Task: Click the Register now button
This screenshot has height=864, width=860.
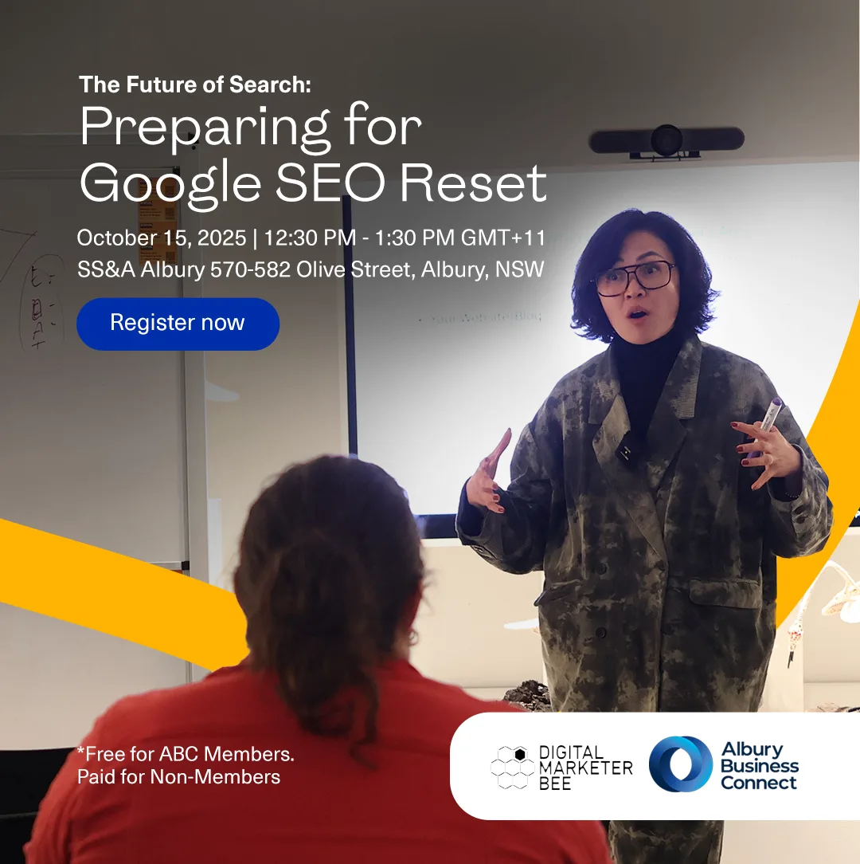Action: pos(178,324)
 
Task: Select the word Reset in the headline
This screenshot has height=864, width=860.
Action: pos(473,183)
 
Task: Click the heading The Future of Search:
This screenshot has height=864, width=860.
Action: pos(195,84)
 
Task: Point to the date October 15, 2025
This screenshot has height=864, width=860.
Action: pos(162,238)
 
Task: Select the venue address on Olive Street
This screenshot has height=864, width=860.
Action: pos(311,270)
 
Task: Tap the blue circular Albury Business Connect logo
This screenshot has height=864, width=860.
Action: pos(680,764)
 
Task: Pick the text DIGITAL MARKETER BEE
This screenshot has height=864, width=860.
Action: pos(585,766)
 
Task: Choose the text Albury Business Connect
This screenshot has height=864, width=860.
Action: pos(759,765)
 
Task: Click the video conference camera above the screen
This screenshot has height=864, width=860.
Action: pos(666,141)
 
